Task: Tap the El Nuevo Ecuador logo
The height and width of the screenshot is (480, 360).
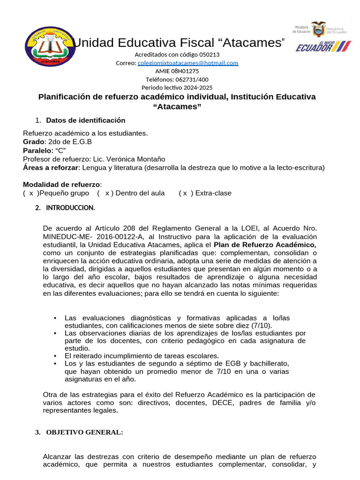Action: pos(323,46)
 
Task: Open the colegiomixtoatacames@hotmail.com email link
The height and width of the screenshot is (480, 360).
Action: pos(188,63)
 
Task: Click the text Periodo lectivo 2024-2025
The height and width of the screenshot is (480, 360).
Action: pos(177,88)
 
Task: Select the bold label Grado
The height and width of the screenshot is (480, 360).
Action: pos(33,142)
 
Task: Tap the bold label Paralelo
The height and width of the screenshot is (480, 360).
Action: pos(38,150)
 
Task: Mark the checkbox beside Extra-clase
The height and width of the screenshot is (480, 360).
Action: pos(186,193)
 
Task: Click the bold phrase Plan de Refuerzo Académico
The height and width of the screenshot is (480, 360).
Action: pos(264,245)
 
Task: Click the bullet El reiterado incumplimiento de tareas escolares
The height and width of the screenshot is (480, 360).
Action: pos(142,356)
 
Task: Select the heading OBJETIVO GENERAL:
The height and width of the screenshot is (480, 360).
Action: pos(84,433)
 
